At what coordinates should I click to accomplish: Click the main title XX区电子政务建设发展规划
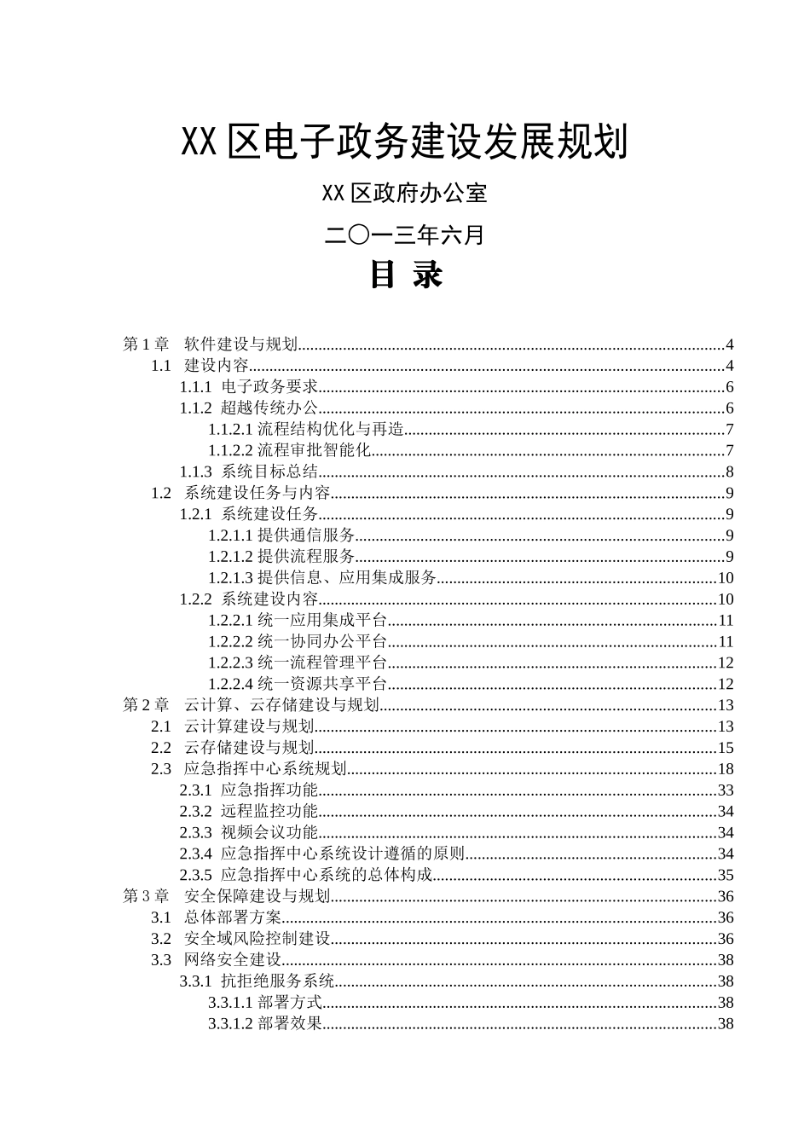pos(405,142)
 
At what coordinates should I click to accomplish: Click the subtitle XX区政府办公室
pos(405,194)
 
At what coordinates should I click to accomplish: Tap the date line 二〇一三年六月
pos(405,234)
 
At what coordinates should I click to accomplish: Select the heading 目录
pos(405,275)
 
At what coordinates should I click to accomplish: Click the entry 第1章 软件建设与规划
pos(211,344)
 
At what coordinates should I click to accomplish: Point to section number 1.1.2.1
pos(230,429)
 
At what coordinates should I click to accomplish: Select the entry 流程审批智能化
pos(314,450)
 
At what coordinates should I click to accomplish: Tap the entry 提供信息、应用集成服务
pos(347,578)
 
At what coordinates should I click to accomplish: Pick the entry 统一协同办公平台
pos(322,641)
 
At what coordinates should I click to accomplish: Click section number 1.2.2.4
pos(230,684)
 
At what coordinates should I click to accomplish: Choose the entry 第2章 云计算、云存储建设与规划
pos(252,705)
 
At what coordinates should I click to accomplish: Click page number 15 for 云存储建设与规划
pos(726,748)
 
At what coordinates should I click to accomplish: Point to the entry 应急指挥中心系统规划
pos(265,769)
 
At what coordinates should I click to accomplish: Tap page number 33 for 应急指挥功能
pos(726,790)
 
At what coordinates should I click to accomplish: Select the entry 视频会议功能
pos(269,832)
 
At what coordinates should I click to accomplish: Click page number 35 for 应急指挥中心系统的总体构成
pos(726,875)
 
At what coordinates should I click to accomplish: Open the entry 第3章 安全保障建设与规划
pos(227,896)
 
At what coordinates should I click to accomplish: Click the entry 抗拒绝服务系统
pos(277,981)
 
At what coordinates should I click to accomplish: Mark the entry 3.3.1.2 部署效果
pos(265,1023)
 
